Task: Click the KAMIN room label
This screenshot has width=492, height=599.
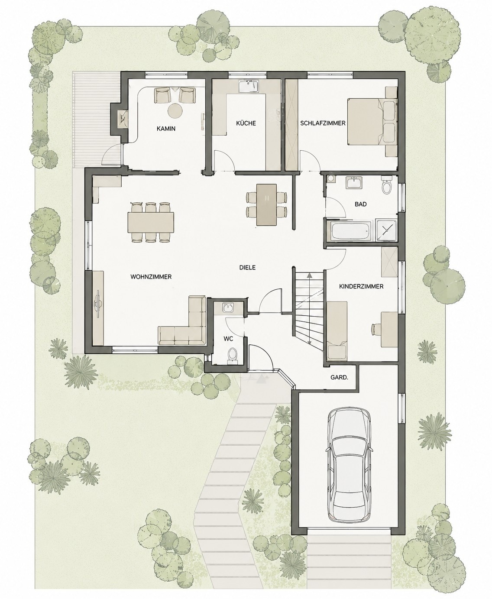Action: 166,129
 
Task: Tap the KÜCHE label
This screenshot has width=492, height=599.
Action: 246,123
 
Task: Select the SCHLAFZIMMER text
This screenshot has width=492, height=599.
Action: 323,123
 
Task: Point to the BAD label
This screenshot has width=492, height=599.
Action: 360,204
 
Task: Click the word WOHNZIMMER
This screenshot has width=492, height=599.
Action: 151,277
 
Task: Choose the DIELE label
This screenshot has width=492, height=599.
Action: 247,267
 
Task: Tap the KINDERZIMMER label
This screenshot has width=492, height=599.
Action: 361,286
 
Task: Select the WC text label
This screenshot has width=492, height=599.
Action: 228,339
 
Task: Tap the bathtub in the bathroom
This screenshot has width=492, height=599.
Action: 350,231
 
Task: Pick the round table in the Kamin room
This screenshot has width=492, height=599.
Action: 175,110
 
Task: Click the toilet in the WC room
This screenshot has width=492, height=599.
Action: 232,355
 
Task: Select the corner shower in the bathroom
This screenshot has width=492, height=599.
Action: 386,230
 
